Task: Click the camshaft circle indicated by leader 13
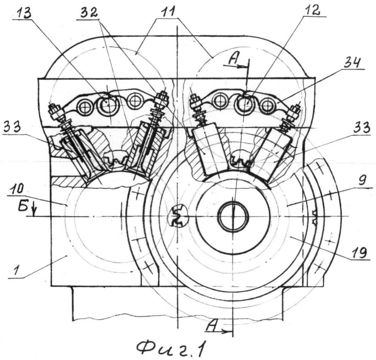(x=107, y=104)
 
